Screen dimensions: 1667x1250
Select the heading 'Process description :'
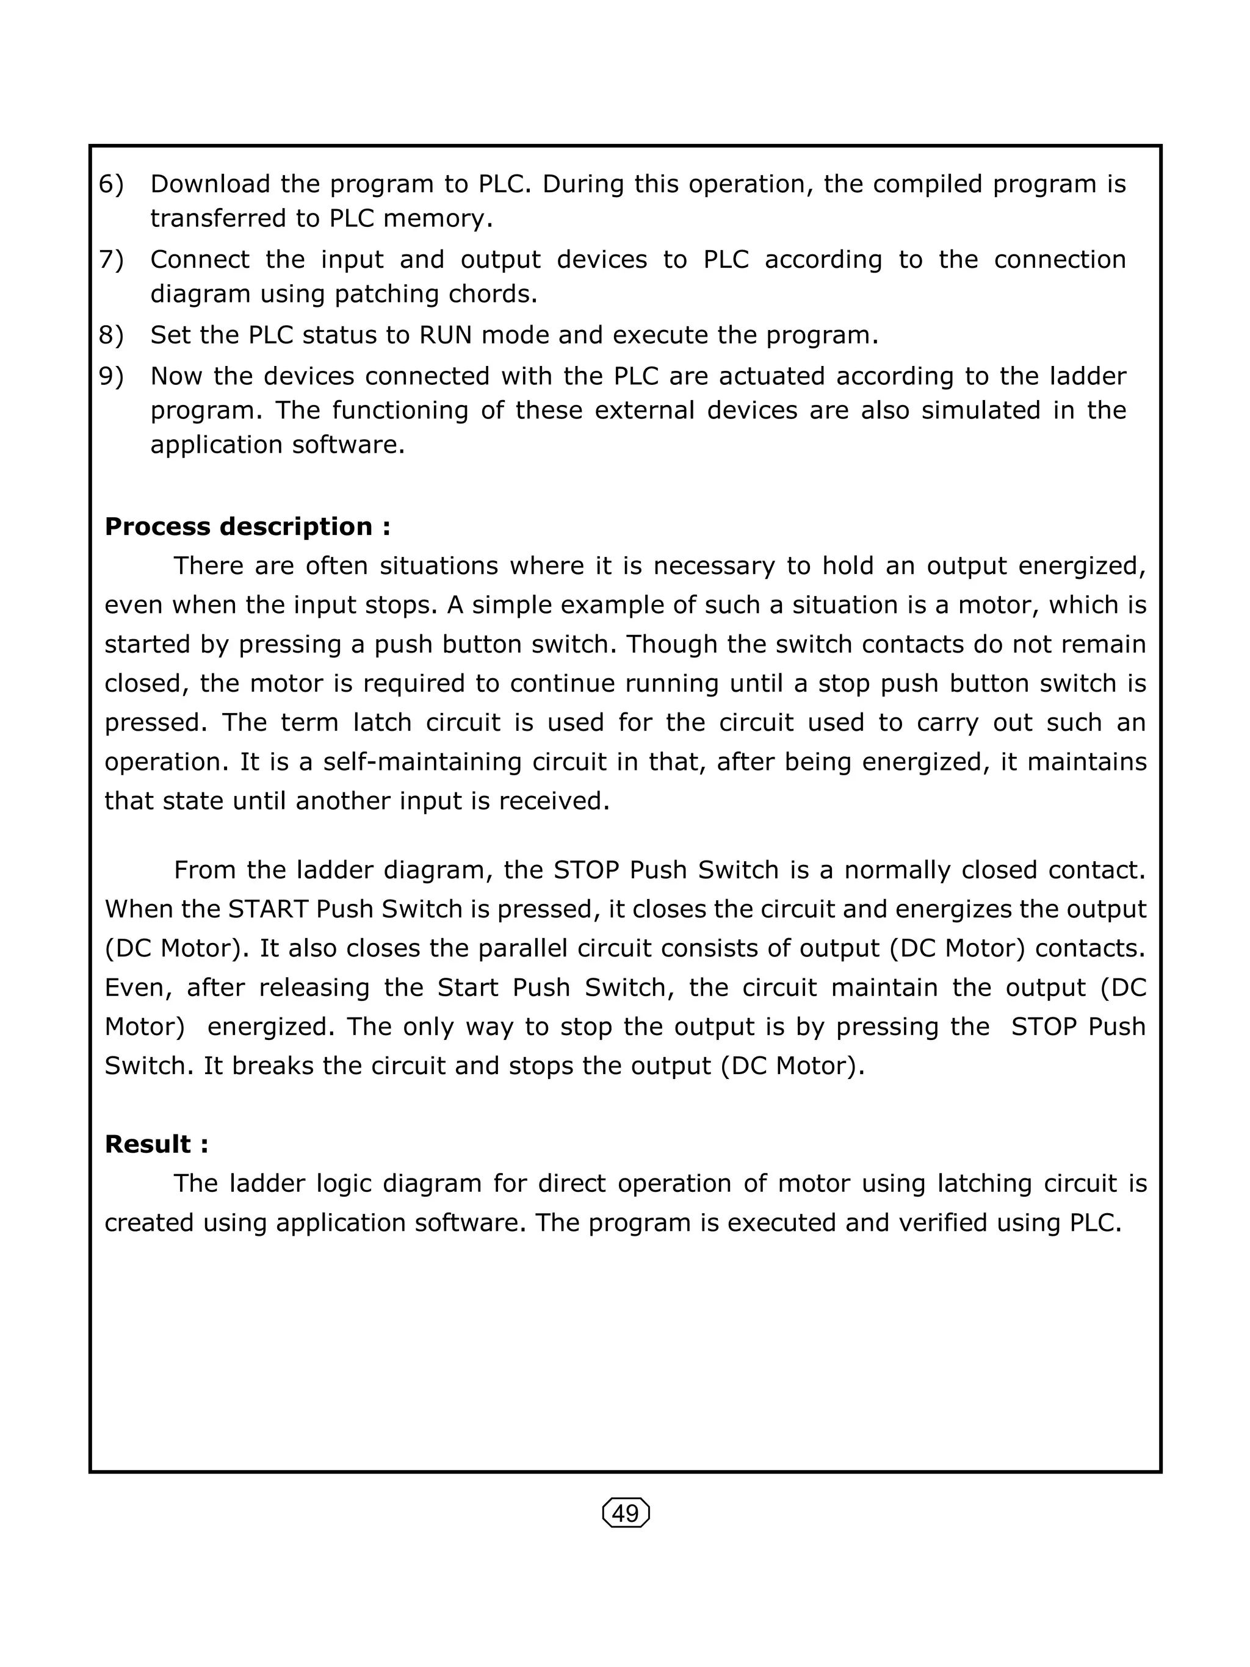pos(247,526)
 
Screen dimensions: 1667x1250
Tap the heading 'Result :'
pos(156,1144)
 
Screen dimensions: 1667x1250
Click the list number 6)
pos(111,184)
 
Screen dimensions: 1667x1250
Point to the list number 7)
pos(111,259)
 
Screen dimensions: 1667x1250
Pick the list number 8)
pos(111,335)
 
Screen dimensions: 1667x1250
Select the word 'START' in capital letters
pos(268,909)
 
